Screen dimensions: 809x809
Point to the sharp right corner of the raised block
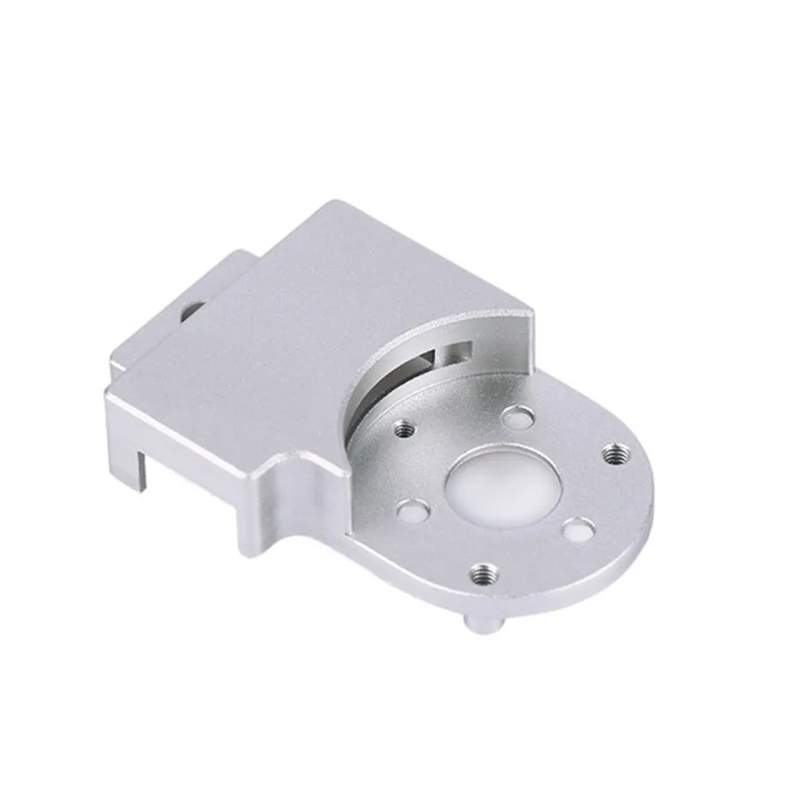[534, 312]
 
